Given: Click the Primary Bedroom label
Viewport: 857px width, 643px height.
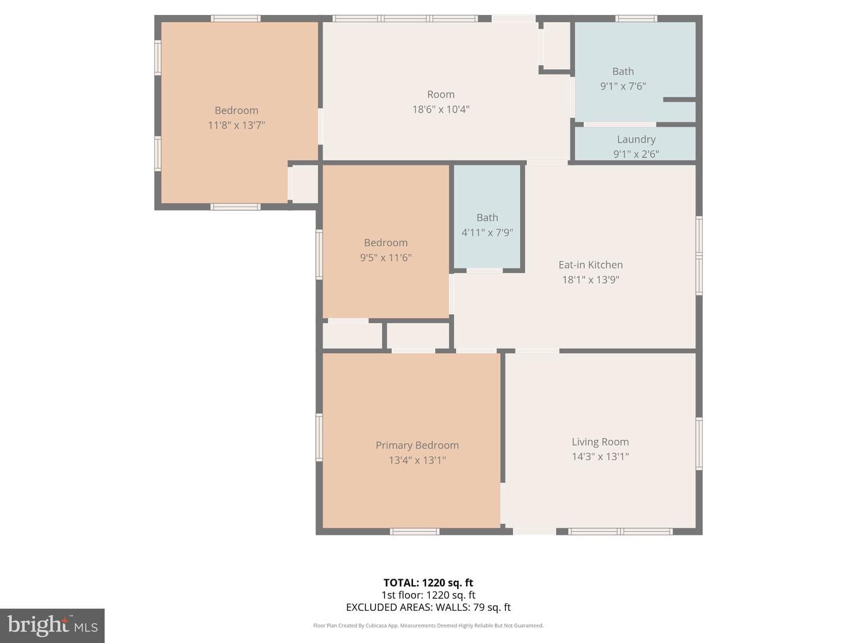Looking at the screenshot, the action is click(417, 445).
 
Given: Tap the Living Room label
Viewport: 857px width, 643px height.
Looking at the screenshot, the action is click(600, 442).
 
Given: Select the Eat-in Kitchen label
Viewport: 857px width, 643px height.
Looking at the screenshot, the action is click(590, 265).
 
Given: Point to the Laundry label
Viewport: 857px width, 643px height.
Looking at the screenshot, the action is click(636, 139).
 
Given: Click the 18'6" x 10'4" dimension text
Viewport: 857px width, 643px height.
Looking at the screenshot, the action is click(441, 110).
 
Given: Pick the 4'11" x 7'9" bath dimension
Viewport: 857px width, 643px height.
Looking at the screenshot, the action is click(487, 233).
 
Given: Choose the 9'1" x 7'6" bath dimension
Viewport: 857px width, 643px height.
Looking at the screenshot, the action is click(623, 86).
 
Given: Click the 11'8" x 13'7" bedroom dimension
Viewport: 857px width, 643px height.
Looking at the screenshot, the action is click(236, 125).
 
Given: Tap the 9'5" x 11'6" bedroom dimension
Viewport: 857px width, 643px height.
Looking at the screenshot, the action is click(386, 258).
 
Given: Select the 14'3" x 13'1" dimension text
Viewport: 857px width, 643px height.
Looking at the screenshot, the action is click(600, 457).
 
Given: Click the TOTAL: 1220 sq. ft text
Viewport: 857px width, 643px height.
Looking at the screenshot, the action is click(428, 582).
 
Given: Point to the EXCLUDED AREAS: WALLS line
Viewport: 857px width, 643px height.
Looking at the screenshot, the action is click(428, 607).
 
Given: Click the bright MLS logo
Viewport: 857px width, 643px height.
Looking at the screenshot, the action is click(52, 625).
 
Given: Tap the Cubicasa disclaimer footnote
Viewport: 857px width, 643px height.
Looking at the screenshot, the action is click(428, 625).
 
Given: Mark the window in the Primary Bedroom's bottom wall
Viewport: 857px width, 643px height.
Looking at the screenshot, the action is click(415, 531).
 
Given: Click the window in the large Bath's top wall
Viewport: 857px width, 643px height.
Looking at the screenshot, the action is click(636, 18).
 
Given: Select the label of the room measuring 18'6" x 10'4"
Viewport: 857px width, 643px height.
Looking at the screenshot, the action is click(441, 95).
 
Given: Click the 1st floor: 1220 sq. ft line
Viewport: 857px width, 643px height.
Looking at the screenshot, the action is click(428, 595).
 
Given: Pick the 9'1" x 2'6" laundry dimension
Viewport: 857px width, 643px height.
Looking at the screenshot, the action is click(636, 154).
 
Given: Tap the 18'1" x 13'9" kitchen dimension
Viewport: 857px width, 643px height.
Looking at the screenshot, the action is click(590, 280).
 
